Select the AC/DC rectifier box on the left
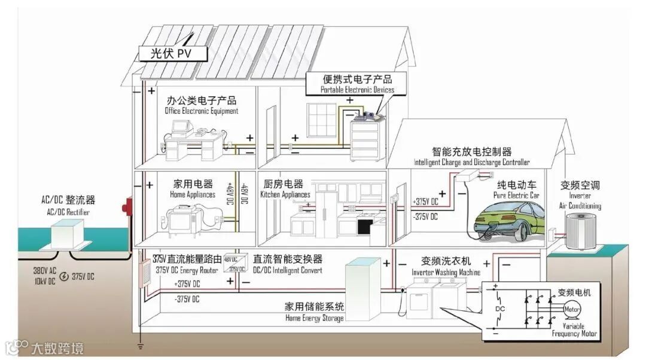coord(66,231)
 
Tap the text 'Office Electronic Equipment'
coord(202,111)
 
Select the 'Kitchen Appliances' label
coord(285,194)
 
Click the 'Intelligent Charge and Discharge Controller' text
coord(471,162)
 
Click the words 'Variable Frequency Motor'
coord(574,330)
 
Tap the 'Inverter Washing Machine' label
coord(446,272)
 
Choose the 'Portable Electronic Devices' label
coord(357,90)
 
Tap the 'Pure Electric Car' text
coord(516,195)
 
